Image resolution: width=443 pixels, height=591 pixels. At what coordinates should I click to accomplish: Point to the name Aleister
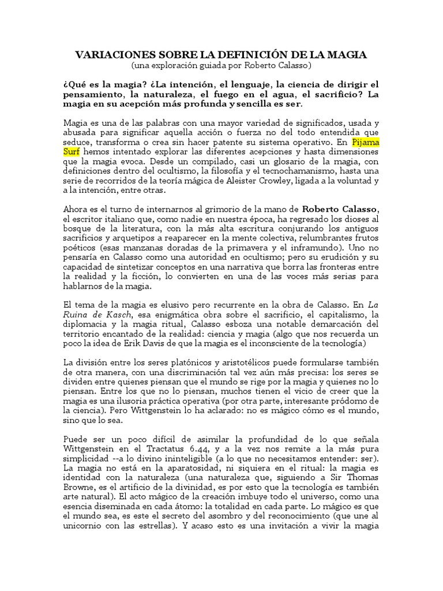(x=285, y=181)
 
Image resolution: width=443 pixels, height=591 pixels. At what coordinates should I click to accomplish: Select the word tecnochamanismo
(x=316, y=171)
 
